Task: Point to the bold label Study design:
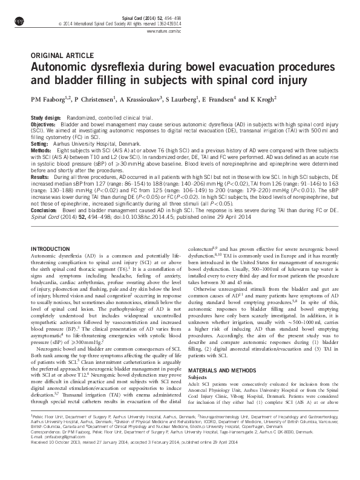tap(45, 117)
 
